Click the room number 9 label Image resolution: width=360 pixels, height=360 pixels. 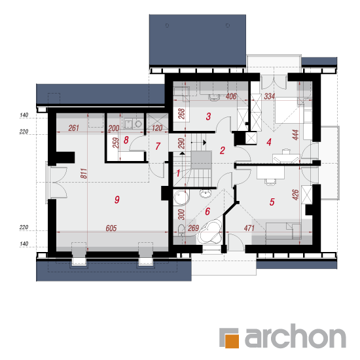(x=117, y=200)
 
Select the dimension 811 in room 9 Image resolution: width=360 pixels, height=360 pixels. (x=84, y=173)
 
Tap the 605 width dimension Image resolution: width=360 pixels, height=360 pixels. (x=111, y=228)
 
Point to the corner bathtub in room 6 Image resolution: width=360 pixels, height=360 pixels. (x=211, y=232)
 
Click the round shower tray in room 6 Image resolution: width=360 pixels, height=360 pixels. (x=181, y=198)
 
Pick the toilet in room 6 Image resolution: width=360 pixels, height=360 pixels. (x=181, y=230)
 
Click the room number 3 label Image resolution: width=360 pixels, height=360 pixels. (x=208, y=117)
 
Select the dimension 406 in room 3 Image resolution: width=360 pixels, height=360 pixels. (x=231, y=96)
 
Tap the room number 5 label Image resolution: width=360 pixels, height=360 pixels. (x=272, y=202)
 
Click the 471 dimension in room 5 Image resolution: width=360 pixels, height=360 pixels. (x=249, y=228)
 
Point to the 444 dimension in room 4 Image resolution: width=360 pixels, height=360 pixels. (x=296, y=135)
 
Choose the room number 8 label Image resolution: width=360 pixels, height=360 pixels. (x=126, y=140)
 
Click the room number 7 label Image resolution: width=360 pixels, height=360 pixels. (x=158, y=146)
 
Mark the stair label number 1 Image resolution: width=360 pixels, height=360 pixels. (x=178, y=173)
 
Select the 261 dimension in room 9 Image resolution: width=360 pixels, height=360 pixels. (x=74, y=128)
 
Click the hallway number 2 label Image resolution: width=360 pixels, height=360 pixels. (x=223, y=151)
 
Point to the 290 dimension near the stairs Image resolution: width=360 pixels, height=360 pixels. (x=181, y=143)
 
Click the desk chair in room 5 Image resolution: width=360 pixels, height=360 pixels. (x=270, y=181)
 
